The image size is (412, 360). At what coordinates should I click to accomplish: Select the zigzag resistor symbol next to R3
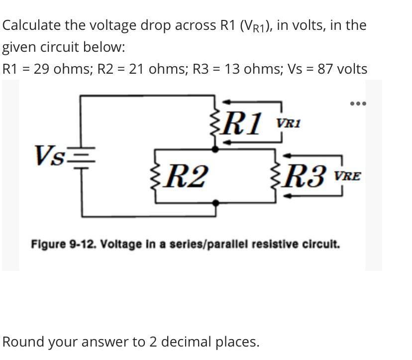[277, 176]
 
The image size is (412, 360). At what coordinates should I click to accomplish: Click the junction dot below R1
[215, 148]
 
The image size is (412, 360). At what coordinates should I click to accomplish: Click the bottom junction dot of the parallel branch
[215, 203]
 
